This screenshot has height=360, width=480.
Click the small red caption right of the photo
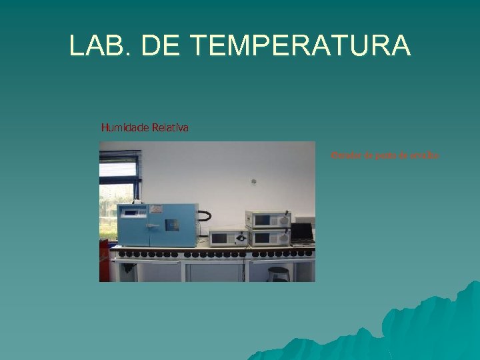[385, 156]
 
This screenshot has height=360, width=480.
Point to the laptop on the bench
[303, 232]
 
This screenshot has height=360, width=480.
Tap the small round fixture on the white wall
[253, 180]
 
